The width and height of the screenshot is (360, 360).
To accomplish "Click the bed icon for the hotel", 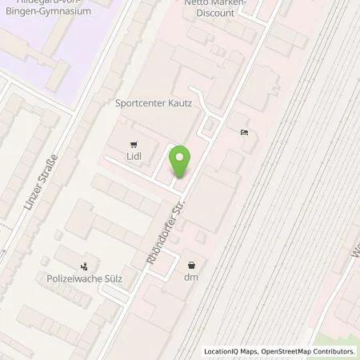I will [x=243, y=132].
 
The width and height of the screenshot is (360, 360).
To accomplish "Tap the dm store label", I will [x=191, y=277].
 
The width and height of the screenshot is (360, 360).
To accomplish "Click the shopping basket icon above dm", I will [x=191, y=265].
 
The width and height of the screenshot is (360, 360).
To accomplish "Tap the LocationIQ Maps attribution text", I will [x=232, y=351].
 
